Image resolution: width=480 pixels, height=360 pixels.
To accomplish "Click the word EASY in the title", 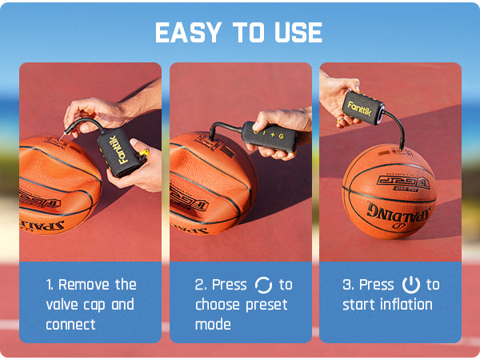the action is [188, 33].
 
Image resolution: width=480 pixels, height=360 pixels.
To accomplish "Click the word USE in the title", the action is [298, 33].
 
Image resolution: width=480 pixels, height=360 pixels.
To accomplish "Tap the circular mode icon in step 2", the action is [263, 285].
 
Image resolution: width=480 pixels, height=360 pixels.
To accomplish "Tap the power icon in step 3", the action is [411, 285].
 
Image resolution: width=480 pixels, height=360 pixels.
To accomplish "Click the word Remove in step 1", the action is [84, 285].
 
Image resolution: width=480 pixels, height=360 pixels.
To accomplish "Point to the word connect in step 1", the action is [70, 325].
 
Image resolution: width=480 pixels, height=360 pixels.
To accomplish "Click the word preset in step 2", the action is [266, 306].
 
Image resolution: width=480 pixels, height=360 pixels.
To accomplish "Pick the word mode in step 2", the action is [213, 325].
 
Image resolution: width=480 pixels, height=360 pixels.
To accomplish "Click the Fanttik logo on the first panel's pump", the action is [118, 150].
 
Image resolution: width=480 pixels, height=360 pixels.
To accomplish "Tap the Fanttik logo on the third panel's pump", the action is [360, 110].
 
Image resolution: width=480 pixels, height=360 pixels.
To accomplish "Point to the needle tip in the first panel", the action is [59, 139].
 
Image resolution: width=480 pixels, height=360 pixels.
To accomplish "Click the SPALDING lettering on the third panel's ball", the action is [398, 215].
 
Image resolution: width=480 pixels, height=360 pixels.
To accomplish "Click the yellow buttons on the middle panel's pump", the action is [269, 134].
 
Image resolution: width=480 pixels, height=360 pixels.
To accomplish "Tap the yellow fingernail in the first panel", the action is [144, 152].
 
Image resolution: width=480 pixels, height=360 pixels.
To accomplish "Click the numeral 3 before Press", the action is [346, 285].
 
